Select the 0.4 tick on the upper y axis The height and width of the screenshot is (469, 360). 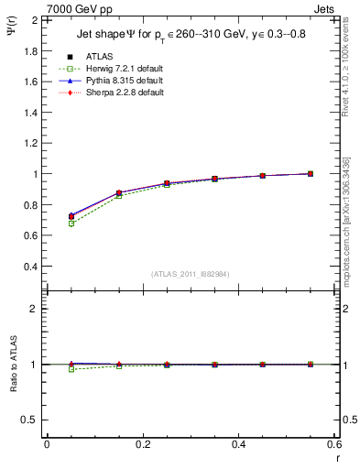point(30,267)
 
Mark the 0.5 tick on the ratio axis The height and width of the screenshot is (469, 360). point(30,420)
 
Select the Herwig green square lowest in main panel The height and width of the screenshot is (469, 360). point(71,224)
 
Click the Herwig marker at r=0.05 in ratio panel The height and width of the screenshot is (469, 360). point(71,369)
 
